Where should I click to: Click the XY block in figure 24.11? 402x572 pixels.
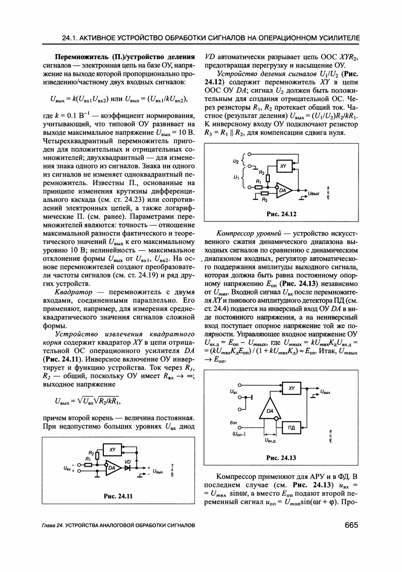pos(113,449)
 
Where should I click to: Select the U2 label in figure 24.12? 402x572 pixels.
pos(235,160)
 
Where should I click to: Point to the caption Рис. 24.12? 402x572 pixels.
pos(281,214)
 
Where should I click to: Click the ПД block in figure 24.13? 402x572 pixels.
pos(291,428)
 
